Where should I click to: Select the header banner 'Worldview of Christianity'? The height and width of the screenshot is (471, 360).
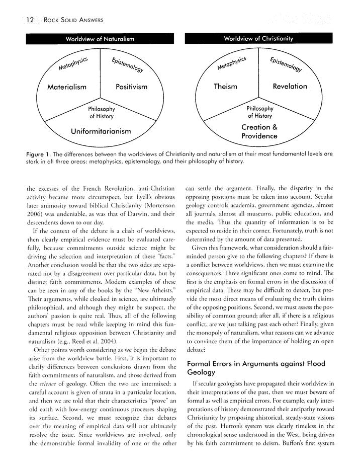[x=259, y=38]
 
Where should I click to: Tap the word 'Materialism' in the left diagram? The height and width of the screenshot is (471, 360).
[x=66, y=87]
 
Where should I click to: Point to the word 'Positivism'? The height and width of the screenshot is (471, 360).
[x=131, y=87]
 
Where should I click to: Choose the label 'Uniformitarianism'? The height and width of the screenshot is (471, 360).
[x=101, y=131]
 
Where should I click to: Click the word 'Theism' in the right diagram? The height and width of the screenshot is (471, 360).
[x=225, y=87]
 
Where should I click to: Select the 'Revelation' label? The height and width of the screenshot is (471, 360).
[x=290, y=87]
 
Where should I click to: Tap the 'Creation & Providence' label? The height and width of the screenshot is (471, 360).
[x=259, y=131]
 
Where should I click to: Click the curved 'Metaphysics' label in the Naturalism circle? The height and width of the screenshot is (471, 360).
[x=73, y=64]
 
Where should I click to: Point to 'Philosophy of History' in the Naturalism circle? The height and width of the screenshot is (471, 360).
[x=102, y=112]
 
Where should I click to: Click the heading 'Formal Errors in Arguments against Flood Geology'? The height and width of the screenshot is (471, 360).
[x=256, y=367]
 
